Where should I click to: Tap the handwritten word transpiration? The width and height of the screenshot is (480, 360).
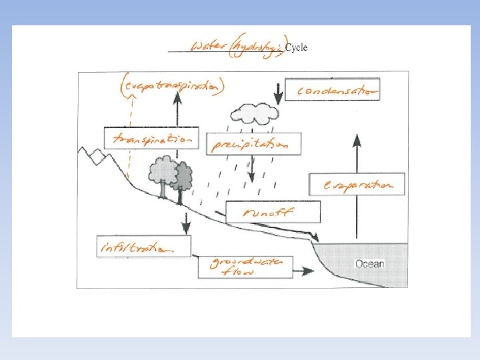click(152, 139)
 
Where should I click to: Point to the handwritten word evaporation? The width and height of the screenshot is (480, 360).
click(357, 184)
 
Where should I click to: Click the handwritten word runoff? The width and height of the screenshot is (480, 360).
click(271, 213)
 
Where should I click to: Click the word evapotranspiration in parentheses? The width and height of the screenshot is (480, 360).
click(173, 87)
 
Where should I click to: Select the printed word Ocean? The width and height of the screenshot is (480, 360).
click(369, 264)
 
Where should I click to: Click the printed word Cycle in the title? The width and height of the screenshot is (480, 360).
click(296, 48)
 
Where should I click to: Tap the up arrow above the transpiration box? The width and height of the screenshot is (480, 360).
click(177, 107)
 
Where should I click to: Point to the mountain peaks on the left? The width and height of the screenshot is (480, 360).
click(92, 157)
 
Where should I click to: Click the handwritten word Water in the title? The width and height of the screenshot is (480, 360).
click(208, 47)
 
